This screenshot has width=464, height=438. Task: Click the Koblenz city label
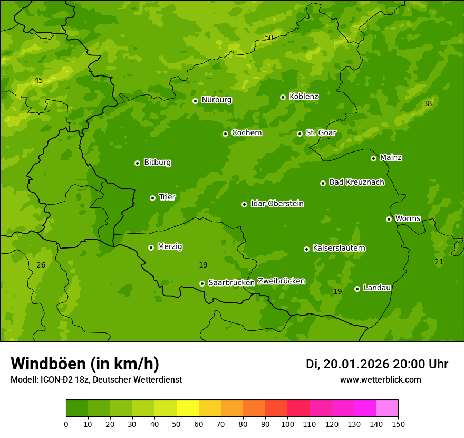click(304, 97)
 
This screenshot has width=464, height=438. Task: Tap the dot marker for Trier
click(152, 198)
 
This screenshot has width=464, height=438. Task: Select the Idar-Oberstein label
click(277, 204)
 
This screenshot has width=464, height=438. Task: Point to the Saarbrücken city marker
click(202, 283)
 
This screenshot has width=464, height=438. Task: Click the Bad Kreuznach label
click(356, 182)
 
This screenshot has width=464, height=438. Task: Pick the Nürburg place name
click(216, 100)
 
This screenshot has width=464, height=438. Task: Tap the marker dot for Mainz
click(373, 158)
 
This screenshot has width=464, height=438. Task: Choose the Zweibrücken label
click(281, 281)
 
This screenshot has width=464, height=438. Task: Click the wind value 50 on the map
click(269, 37)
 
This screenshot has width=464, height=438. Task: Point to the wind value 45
click(38, 81)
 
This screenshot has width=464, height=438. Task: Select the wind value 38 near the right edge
click(428, 104)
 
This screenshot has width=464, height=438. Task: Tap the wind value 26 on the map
click(41, 265)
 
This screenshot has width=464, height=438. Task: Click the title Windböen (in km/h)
click(85, 364)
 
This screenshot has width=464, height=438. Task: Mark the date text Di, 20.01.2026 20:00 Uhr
click(377, 364)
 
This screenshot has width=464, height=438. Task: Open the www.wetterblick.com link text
click(380, 380)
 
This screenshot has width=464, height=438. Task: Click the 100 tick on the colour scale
click(287, 424)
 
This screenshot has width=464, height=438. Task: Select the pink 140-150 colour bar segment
click(387, 408)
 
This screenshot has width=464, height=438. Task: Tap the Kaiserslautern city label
click(339, 248)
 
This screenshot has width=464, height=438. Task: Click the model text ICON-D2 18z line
click(96, 380)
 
